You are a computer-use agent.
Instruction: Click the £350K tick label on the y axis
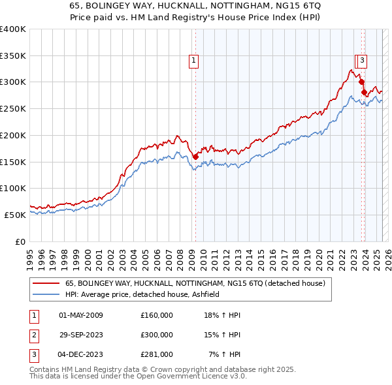tap(13, 56)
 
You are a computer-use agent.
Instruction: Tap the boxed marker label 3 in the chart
tap(362, 61)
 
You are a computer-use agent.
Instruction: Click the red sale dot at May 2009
tap(195, 156)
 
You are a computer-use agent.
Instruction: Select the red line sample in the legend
tap(46, 284)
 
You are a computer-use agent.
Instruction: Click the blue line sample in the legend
tap(46, 295)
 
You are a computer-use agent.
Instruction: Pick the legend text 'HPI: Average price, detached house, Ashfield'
tap(142, 295)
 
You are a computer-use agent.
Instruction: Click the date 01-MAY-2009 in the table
tap(81, 315)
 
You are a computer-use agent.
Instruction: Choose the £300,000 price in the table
tap(157, 335)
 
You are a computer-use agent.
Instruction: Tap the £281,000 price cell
tap(157, 354)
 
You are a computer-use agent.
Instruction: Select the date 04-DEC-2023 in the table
tap(81, 354)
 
